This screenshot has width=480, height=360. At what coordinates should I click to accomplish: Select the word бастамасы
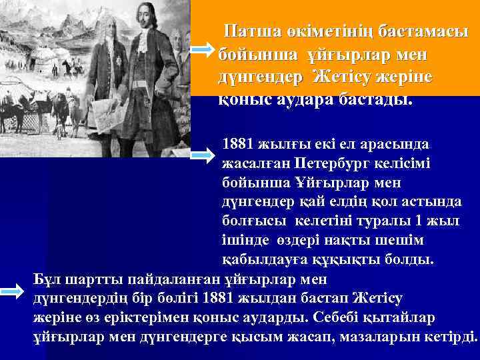click(x=420, y=31)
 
